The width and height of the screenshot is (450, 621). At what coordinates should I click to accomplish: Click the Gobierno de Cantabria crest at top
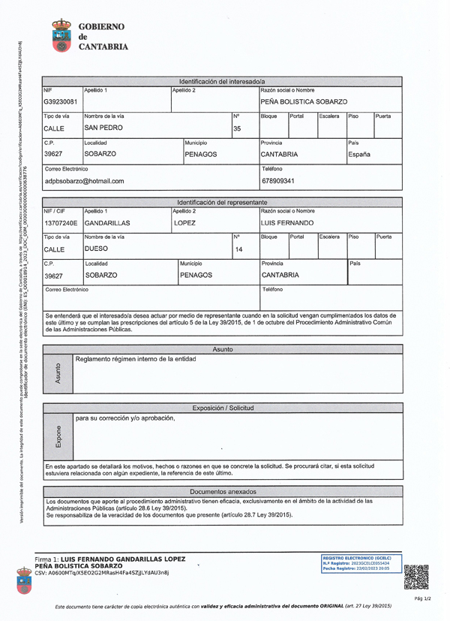pyautogui.click(x=61, y=35)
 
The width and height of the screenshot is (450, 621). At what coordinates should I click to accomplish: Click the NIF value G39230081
pyautogui.click(x=60, y=101)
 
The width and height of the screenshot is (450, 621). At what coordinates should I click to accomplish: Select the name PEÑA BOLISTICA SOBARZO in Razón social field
pyautogui.click(x=304, y=101)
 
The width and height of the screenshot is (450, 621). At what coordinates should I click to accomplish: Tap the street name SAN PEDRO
pyautogui.click(x=103, y=128)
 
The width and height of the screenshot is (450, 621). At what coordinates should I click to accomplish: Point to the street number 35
pyautogui.click(x=237, y=128)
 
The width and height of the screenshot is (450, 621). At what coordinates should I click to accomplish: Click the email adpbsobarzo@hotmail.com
pyautogui.click(x=84, y=181)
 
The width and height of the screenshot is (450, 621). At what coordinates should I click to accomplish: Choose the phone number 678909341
pyautogui.click(x=278, y=181)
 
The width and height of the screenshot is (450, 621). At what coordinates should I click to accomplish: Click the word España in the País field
pyautogui.click(x=360, y=155)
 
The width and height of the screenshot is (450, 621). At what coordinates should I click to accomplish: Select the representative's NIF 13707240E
pyautogui.click(x=61, y=223)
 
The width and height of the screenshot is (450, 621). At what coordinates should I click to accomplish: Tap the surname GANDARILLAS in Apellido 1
pyautogui.click(x=107, y=223)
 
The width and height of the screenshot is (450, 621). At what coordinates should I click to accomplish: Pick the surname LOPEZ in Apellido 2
pyautogui.click(x=185, y=223)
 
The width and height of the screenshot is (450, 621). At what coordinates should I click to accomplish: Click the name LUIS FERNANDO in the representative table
pyautogui.click(x=286, y=223)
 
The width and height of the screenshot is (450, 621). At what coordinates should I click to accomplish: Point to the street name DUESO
pyautogui.click(x=98, y=249)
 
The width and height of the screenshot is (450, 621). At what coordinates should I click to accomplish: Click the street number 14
pyautogui.click(x=239, y=249)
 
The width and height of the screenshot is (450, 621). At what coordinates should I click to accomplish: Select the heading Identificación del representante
pyautogui.click(x=222, y=203)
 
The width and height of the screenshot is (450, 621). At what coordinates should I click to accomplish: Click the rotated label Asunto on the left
pyautogui.click(x=58, y=374)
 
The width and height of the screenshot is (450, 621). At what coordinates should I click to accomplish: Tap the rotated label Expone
pyautogui.click(x=58, y=436)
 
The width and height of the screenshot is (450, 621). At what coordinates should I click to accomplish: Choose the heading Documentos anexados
pyautogui.click(x=223, y=491)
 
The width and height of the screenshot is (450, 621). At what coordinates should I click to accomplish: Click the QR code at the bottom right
pyautogui.click(x=415, y=576)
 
